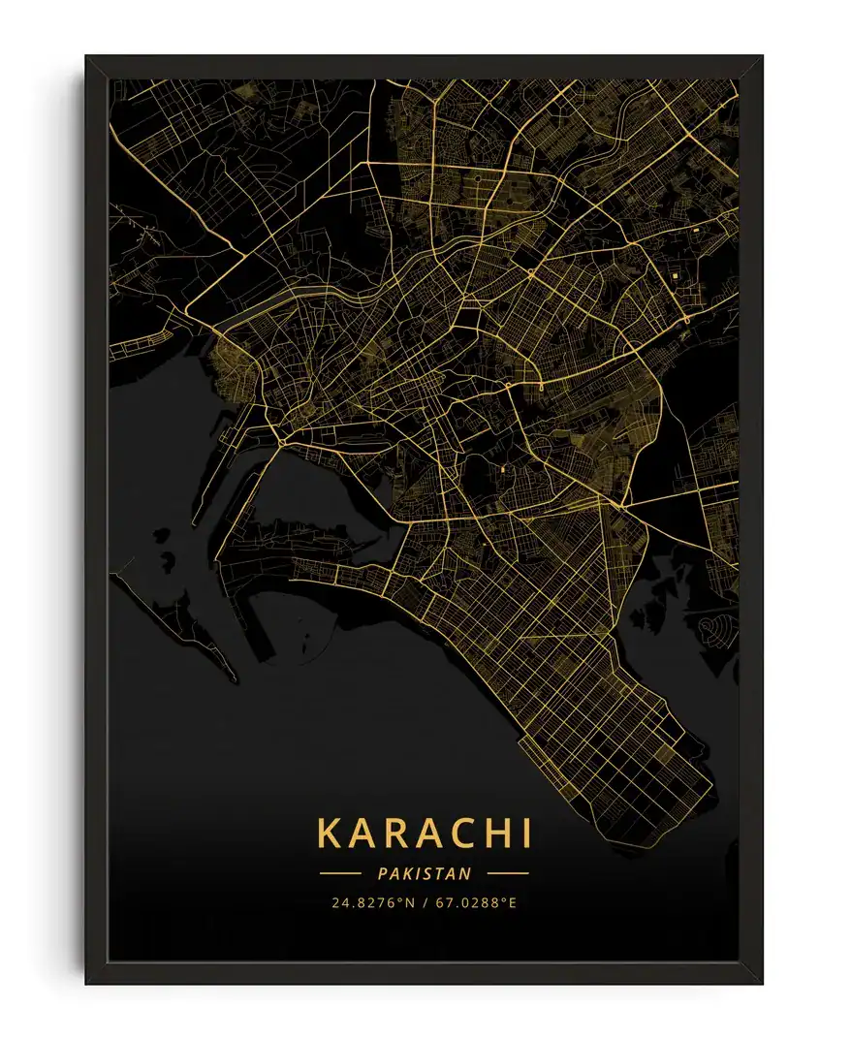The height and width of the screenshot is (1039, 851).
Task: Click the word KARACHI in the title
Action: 425,834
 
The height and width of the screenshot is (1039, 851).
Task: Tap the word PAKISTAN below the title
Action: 425,873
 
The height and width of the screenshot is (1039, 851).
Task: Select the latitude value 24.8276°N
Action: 373,903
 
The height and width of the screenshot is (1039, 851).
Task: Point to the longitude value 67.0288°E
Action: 476,903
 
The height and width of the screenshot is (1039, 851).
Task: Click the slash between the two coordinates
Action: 425,903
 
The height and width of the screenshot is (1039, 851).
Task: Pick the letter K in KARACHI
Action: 330,834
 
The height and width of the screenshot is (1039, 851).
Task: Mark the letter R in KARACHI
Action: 393,834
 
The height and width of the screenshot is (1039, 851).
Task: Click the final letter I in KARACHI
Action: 524,834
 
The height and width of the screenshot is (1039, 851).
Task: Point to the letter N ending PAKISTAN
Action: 466,873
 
